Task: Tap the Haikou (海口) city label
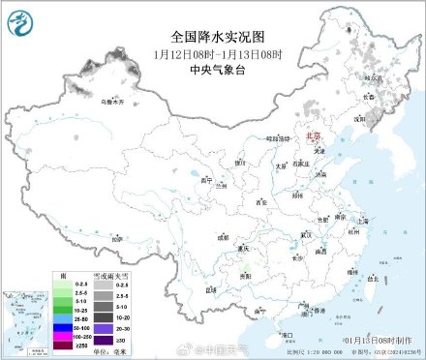coord(287,334)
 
